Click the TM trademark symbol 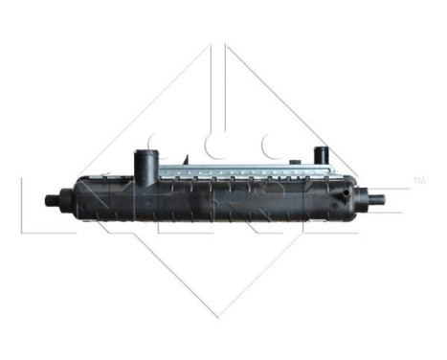(417, 180)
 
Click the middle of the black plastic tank (220, 202)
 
